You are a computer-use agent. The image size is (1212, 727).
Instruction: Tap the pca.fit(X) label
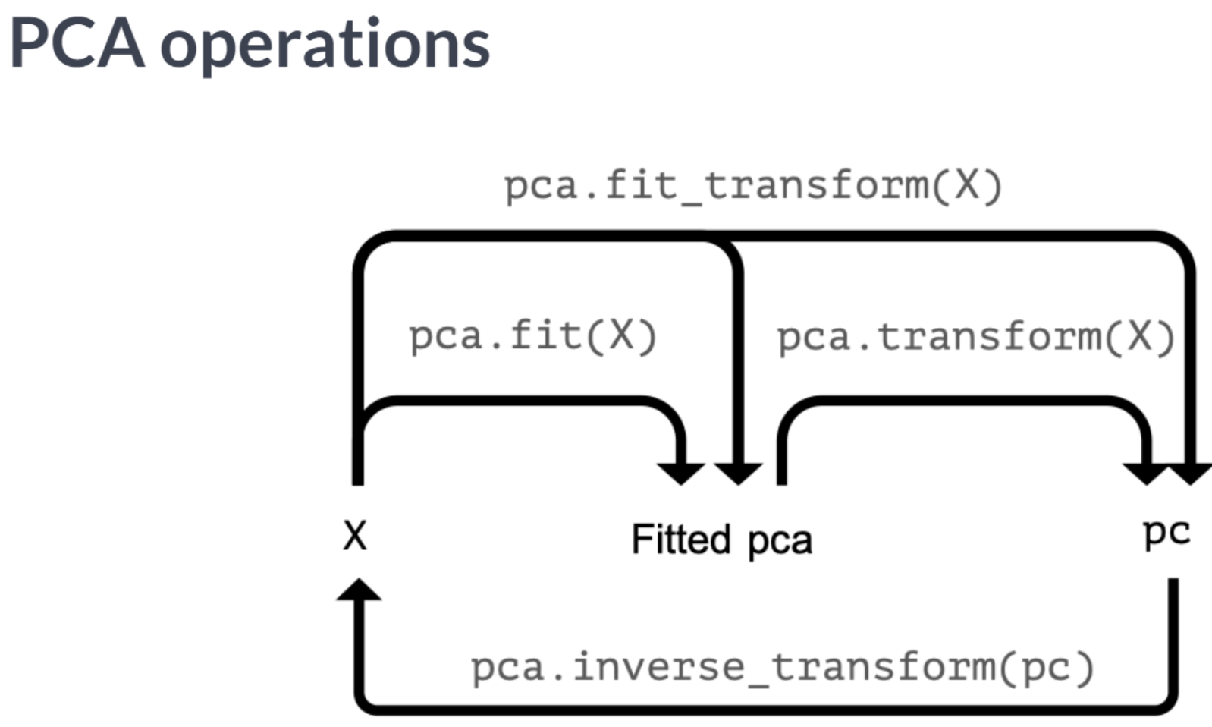point(532,336)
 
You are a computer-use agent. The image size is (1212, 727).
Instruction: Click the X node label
point(355,537)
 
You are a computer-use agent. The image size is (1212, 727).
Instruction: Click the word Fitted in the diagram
point(681,540)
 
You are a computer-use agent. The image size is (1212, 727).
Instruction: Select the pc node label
point(1166,533)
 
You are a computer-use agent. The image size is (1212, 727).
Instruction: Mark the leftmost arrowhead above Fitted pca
point(681,472)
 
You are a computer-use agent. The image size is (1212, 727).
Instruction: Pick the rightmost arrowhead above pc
point(1190,473)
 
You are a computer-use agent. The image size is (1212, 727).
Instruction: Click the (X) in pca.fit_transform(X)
point(968,186)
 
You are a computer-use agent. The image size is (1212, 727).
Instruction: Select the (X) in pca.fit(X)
point(622,336)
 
